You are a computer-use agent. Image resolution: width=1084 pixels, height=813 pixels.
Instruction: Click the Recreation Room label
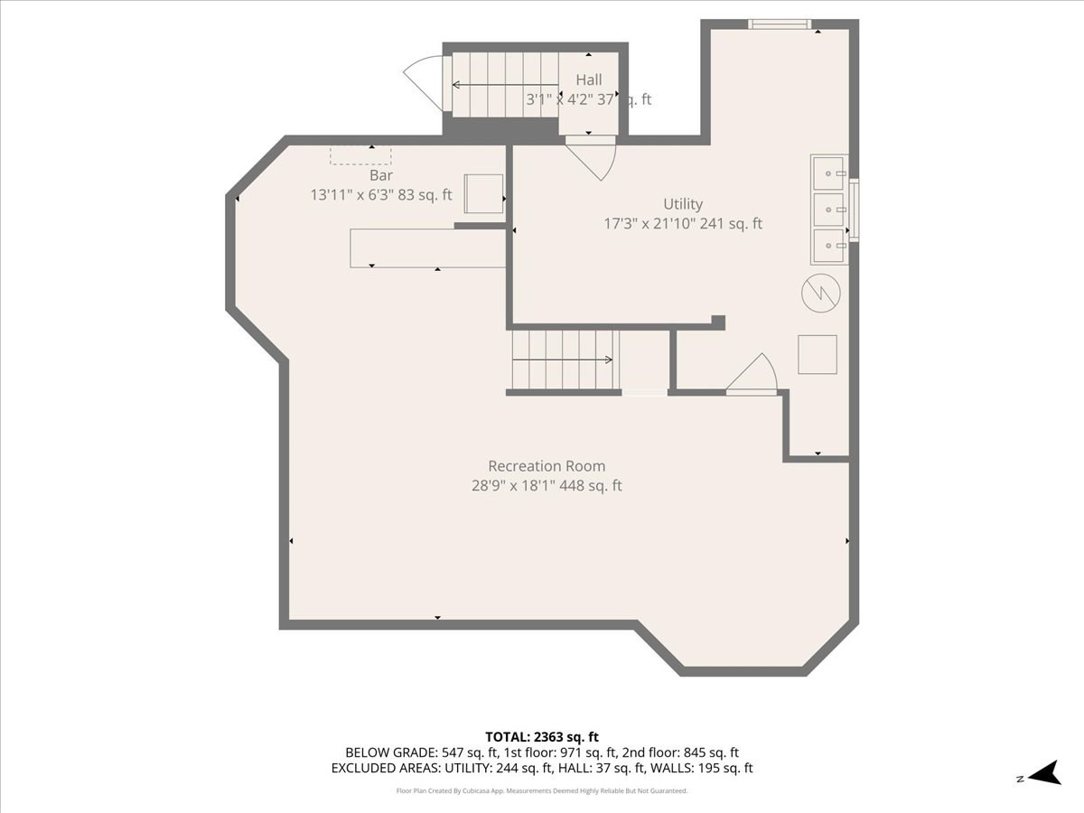click(547, 466)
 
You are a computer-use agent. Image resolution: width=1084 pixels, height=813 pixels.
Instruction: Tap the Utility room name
click(683, 204)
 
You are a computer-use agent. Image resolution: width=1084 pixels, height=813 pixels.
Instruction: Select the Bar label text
click(381, 175)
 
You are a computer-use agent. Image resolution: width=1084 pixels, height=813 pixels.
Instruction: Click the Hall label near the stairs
click(589, 80)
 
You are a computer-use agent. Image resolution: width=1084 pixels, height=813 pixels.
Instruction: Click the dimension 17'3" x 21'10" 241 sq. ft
click(683, 224)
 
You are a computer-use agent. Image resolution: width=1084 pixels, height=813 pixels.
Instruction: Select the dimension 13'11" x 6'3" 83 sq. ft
click(381, 194)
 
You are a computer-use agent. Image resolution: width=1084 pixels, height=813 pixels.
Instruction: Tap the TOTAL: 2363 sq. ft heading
click(542, 736)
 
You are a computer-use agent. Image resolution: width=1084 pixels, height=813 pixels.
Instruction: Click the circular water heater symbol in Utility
click(821, 293)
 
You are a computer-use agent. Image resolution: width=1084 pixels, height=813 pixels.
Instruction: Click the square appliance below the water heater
click(817, 354)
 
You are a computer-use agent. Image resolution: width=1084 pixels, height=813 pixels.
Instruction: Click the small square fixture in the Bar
click(483, 192)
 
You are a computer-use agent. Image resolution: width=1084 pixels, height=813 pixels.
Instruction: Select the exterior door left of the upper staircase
click(423, 81)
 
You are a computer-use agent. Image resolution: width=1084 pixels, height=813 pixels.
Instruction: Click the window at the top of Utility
click(780, 24)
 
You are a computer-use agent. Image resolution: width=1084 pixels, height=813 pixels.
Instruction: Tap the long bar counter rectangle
click(428, 248)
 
